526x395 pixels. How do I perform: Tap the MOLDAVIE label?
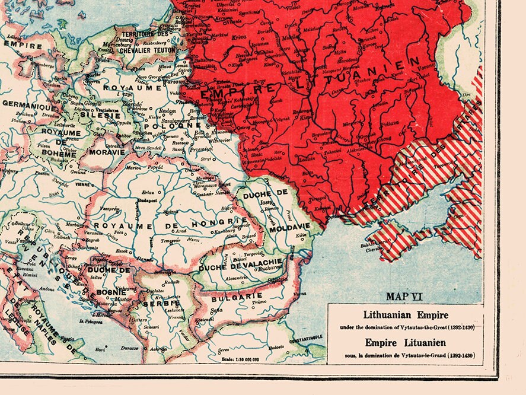(289, 228)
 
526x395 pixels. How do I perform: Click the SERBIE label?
(157, 304)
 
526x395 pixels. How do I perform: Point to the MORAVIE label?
(107, 152)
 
